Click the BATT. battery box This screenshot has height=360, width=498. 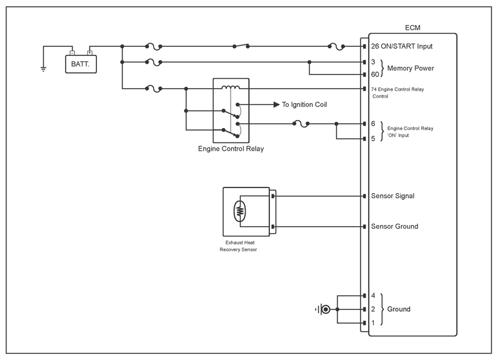(81, 64)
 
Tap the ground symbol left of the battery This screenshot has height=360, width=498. (44, 69)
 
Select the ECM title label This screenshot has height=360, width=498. (412, 28)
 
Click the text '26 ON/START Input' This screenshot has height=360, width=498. (402, 46)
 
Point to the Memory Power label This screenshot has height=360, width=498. (411, 68)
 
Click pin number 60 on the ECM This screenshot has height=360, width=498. (375, 74)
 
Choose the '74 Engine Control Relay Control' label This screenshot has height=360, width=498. (397, 92)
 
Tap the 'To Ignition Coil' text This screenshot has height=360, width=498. (304, 104)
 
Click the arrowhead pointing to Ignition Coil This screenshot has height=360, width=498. (277, 104)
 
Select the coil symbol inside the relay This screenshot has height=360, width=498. (231, 87)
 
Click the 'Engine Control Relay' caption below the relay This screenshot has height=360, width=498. (231, 149)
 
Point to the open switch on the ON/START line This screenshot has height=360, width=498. (241, 46)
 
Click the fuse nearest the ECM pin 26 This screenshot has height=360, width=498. (336, 47)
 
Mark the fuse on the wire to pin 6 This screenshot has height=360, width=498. (301, 124)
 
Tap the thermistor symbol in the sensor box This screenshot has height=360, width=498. (240, 211)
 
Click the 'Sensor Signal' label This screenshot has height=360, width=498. (392, 196)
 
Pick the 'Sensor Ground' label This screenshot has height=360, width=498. (394, 226)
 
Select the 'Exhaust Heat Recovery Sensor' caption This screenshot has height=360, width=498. (239, 246)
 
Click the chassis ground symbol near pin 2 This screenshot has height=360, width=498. (323, 309)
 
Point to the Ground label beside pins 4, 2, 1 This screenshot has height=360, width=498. (399, 309)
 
